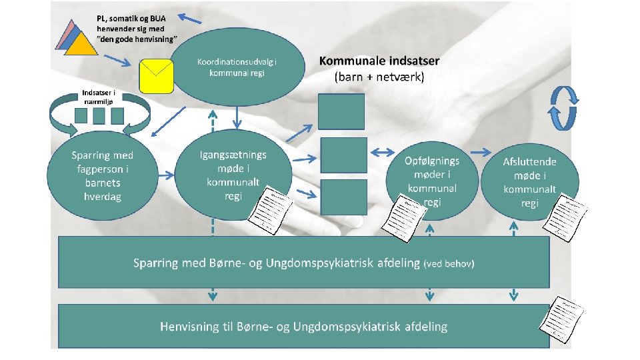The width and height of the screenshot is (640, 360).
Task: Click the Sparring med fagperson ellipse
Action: tap(102, 175)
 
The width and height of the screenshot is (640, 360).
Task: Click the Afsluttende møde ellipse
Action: tap(529, 180)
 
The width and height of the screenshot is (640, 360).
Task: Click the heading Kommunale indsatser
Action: tap(379, 61)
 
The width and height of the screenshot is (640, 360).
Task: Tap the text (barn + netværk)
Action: tap(379, 77)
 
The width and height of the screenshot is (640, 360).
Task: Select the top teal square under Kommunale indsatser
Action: tap(341, 111)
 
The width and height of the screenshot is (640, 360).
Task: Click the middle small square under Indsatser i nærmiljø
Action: tap(99, 116)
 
